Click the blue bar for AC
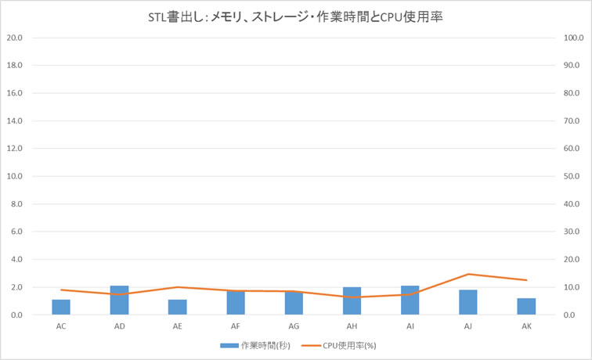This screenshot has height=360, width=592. pyautogui.click(x=61, y=307)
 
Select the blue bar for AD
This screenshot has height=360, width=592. pyautogui.click(x=119, y=301)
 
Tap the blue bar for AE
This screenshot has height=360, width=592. pyautogui.click(x=177, y=307)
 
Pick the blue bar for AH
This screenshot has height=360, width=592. pyautogui.click(x=352, y=301)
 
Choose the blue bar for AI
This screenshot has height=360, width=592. pyautogui.click(x=410, y=301)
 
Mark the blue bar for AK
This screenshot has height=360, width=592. pyautogui.click(x=525, y=306)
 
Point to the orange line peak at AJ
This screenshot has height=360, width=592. pyautogui.click(x=467, y=274)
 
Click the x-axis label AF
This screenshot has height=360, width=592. pyautogui.click(x=236, y=326)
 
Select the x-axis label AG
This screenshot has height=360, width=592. pyautogui.click(x=294, y=326)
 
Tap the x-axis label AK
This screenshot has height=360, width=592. pyautogui.click(x=526, y=326)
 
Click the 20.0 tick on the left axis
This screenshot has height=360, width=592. pyautogui.click(x=15, y=38)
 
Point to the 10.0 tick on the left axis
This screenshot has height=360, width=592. pyautogui.click(x=15, y=176)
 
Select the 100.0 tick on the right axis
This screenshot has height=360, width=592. pyautogui.click(x=572, y=38)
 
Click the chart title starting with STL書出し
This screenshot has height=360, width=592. pyautogui.click(x=295, y=16)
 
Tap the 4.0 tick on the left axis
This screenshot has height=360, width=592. pyautogui.click(x=16, y=259)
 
